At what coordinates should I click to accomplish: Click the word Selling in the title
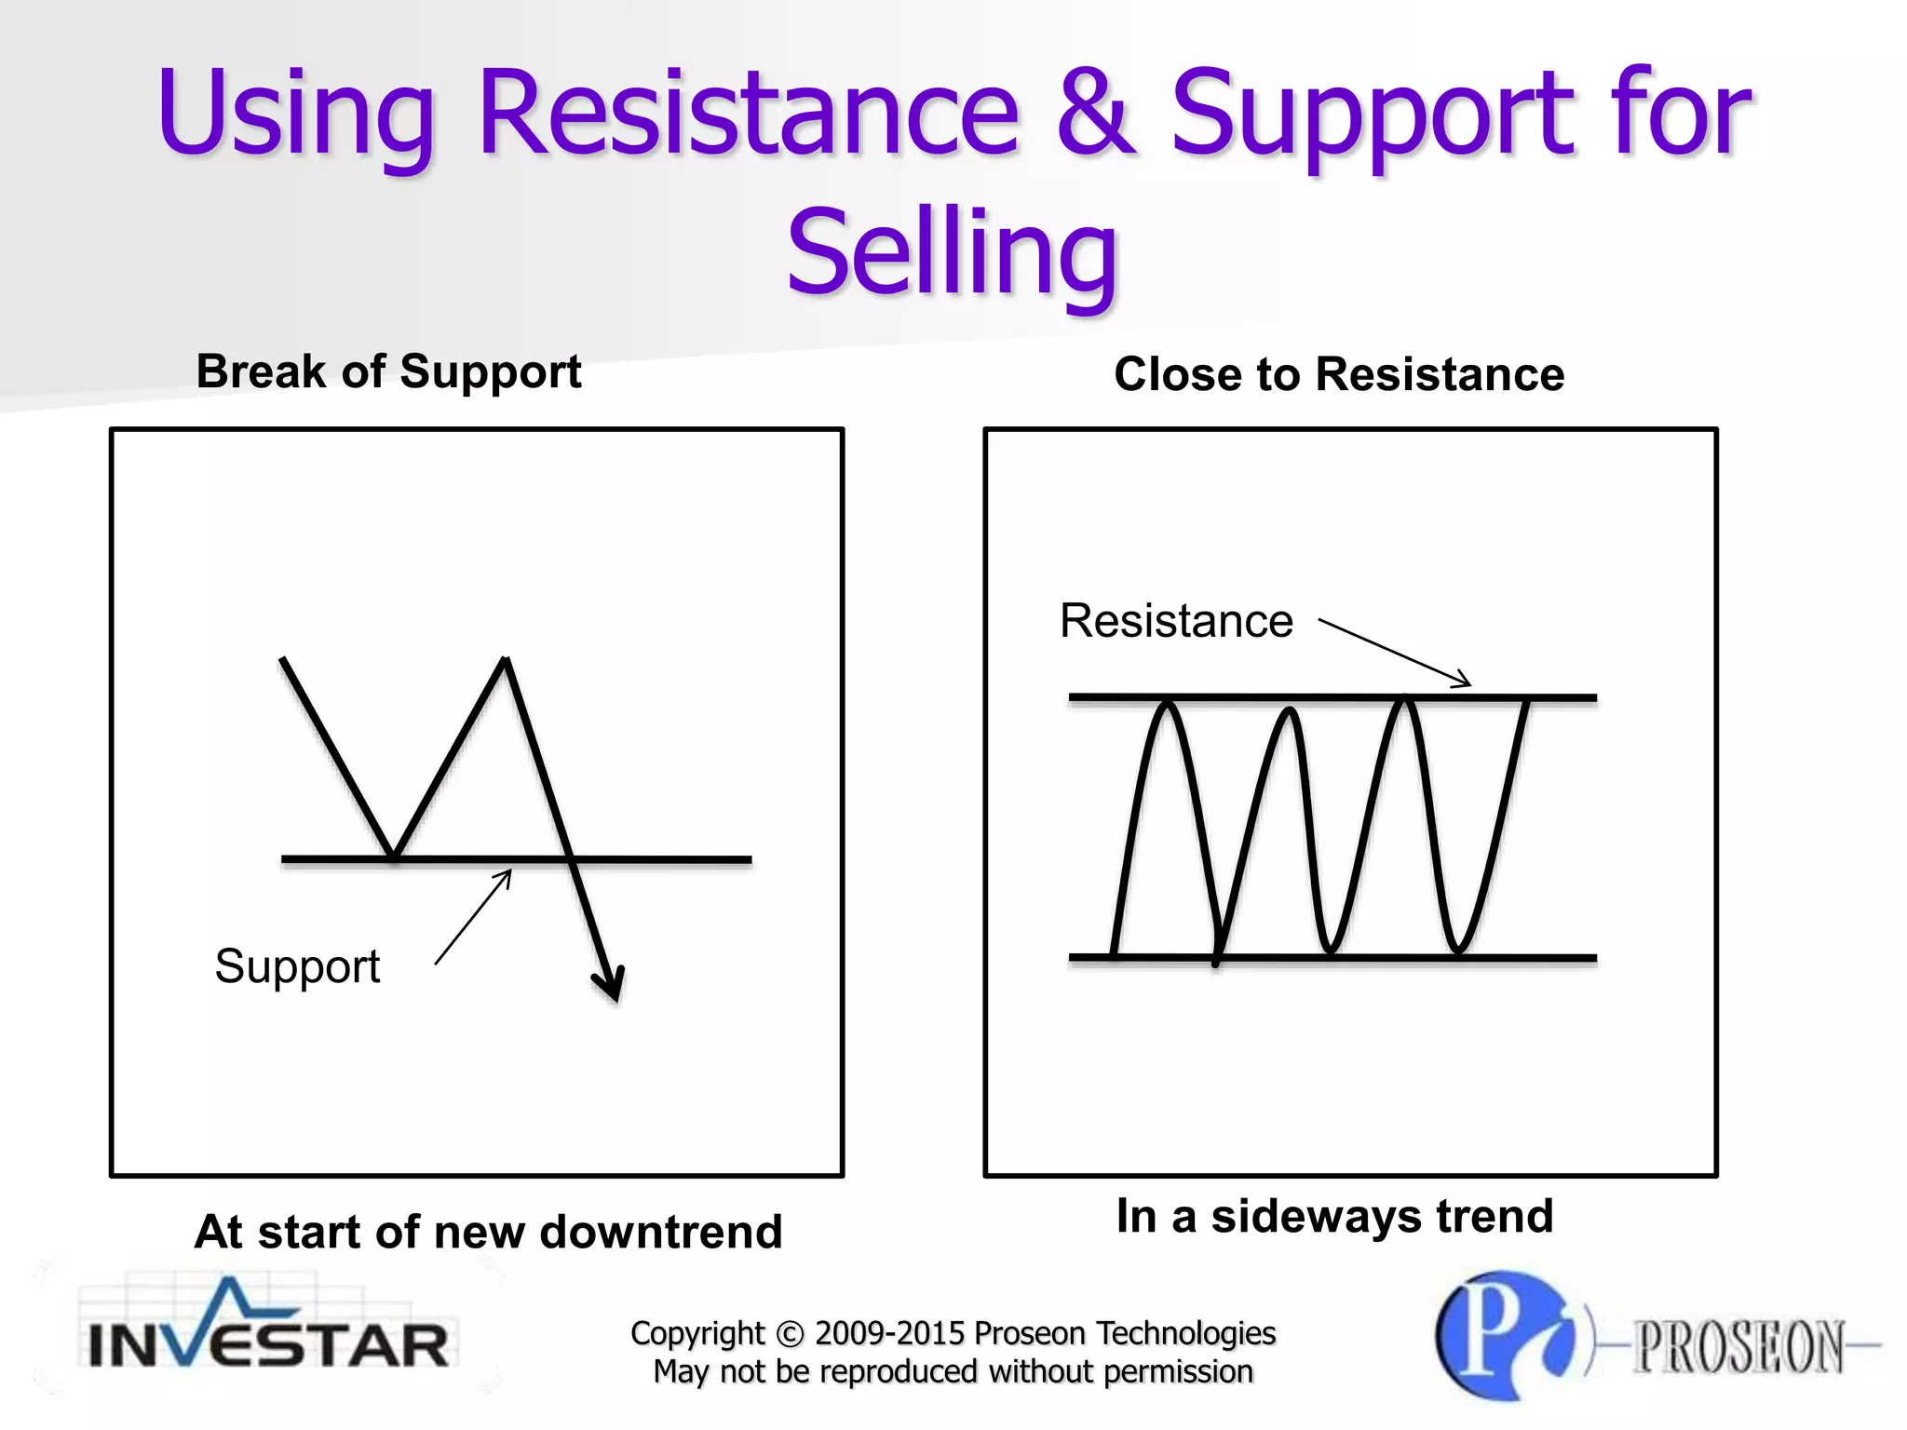[952, 251]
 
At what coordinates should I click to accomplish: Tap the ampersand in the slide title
[1097, 114]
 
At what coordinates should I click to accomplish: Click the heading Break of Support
[388, 372]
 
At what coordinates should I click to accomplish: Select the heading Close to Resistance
[1339, 375]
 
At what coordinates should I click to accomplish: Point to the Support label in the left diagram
[297, 966]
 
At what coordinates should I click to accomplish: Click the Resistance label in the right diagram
[1176, 621]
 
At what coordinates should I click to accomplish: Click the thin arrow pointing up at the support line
[474, 916]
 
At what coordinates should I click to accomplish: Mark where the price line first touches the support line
[393, 857]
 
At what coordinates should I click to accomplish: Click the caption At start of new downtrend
[488, 1232]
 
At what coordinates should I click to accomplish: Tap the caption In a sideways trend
[1334, 1216]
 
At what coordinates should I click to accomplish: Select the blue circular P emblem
[1504, 1335]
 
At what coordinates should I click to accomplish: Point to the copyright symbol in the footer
[789, 1334]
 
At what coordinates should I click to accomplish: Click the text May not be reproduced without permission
[953, 1371]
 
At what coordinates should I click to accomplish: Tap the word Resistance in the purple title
[749, 114]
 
